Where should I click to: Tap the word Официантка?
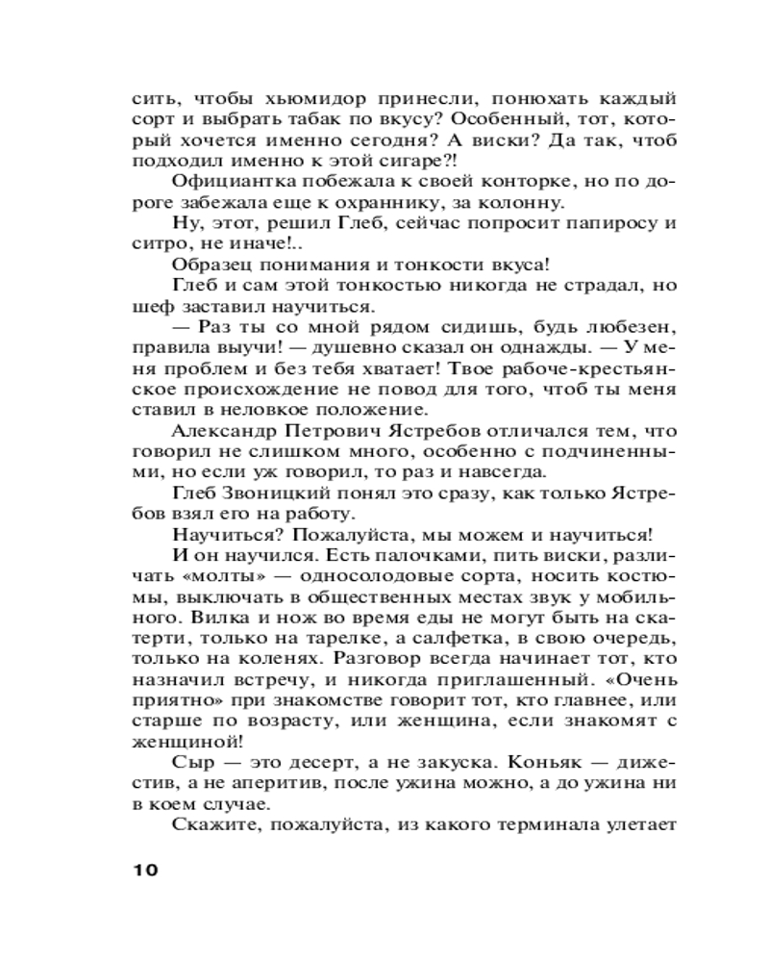click(x=228, y=184)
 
